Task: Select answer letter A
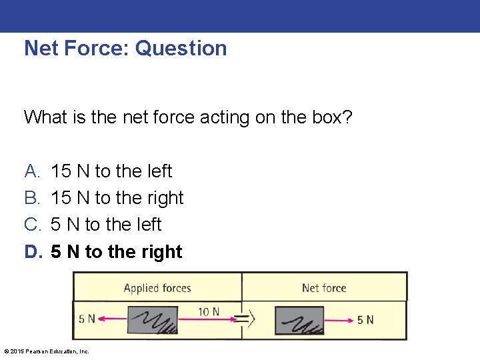pyautogui.click(x=32, y=171)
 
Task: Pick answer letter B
pyautogui.click(x=32, y=198)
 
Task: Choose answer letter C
pyautogui.click(x=32, y=225)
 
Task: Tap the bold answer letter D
pyautogui.click(x=32, y=252)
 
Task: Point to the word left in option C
pyautogui.click(x=148, y=225)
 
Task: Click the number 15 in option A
pyautogui.click(x=61, y=171)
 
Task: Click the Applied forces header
pyautogui.click(x=157, y=288)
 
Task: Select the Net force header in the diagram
pyautogui.click(x=324, y=288)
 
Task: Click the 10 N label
pyautogui.click(x=209, y=311)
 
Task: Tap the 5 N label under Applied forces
pyautogui.click(x=87, y=319)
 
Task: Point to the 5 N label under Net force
pyautogui.click(x=365, y=320)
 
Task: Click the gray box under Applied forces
pyautogui.click(x=152, y=320)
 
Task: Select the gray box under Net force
pyautogui.click(x=299, y=320)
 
